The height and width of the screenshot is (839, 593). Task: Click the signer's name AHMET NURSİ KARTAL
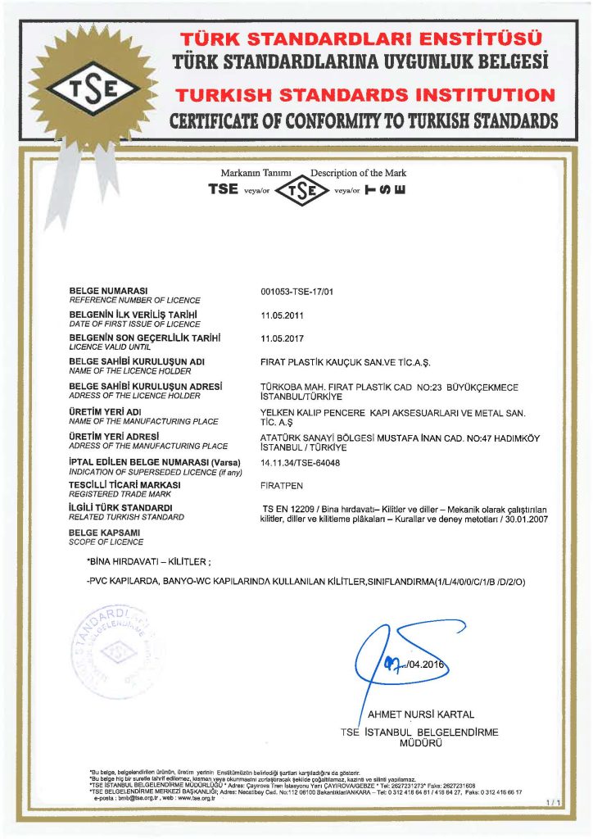tap(421, 713)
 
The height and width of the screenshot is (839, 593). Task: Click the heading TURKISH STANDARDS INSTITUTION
tap(364, 95)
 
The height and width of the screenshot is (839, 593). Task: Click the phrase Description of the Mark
tap(358, 173)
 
